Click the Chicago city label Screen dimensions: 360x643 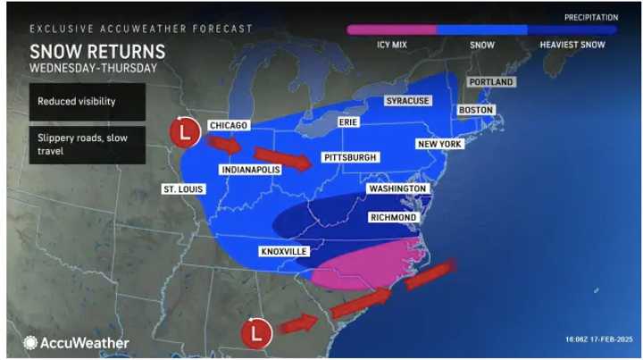227,125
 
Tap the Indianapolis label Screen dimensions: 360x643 250,169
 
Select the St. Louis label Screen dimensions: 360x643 183,189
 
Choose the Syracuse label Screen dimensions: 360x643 407,101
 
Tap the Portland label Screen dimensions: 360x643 489,82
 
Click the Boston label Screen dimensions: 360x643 475,110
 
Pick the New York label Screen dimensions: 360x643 438,144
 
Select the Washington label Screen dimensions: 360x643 399,189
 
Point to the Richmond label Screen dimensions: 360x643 393,217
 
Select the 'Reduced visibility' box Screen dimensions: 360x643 86,103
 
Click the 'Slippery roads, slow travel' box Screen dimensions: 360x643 86,146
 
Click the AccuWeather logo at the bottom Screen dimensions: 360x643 77,342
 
